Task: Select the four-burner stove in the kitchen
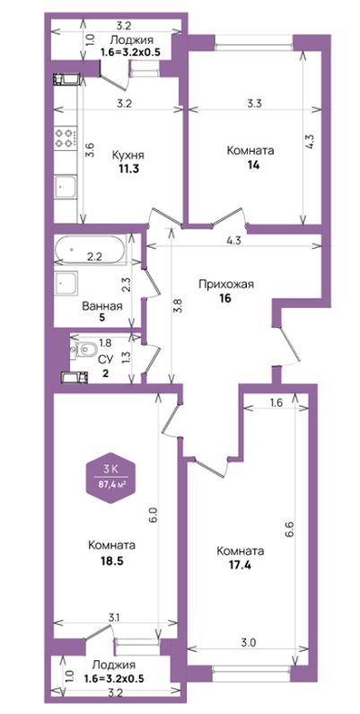[x=65, y=137]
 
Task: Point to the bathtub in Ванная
[x=88, y=249]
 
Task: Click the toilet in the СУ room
[x=85, y=349]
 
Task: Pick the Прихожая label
[x=225, y=285]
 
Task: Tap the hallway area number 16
[x=225, y=299]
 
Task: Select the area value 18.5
[x=111, y=560]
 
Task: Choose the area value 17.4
[x=241, y=566]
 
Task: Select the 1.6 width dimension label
[x=277, y=402]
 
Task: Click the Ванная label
[x=102, y=306]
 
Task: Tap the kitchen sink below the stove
[x=66, y=186]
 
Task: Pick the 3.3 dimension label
[x=253, y=103]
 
